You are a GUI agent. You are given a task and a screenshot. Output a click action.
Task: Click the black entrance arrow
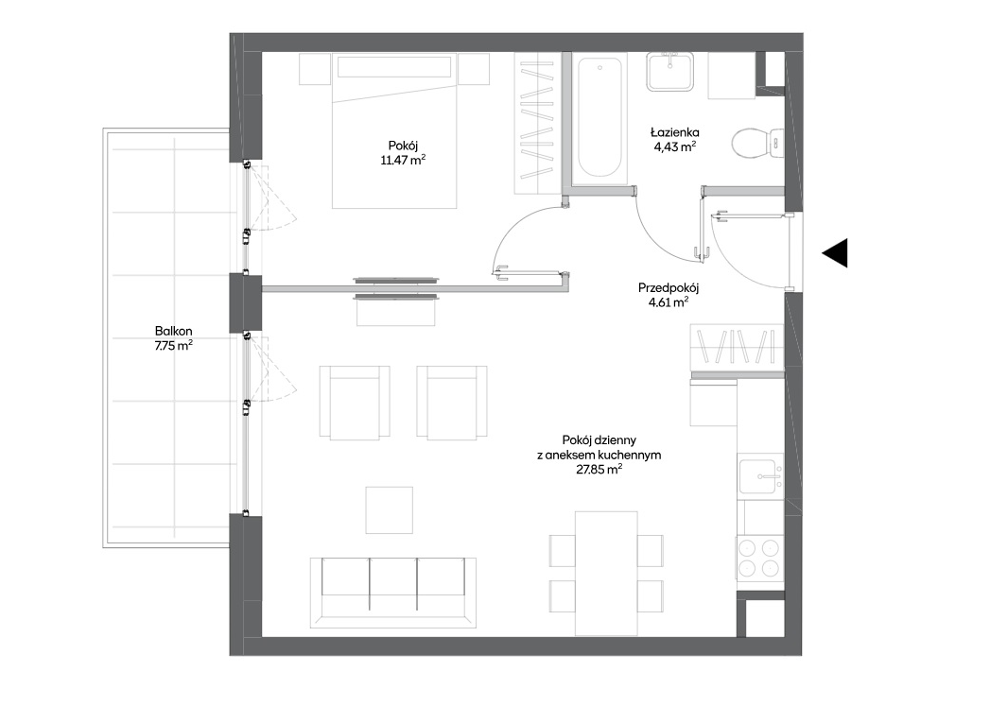tap(835, 253)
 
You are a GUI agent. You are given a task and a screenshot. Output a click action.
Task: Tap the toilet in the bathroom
tap(757, 144)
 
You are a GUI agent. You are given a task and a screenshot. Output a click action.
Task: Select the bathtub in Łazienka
tap(599, 118)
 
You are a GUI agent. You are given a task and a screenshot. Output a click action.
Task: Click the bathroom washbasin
tap(669, 71)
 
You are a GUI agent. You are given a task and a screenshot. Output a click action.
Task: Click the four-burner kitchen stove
tap(759, 558)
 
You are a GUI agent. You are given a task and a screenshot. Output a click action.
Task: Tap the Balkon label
tap(174, 331)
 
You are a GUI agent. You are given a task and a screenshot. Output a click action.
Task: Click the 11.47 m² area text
tap(403, 161)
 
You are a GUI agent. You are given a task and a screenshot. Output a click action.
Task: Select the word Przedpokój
tap(669, 288)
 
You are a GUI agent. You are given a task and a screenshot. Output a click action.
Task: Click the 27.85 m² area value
tap(599, 470)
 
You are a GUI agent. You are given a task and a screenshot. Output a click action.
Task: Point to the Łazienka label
tap(675, 132)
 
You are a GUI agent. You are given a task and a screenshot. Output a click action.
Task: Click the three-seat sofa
tap(392, 592)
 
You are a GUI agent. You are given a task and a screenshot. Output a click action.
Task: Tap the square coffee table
tap(390, 509)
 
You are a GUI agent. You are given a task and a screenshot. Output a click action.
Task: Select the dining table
tap(606, 574)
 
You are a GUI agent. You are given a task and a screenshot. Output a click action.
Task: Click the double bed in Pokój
tap(394, 130)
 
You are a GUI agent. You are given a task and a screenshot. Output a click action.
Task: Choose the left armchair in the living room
tap(355, 403)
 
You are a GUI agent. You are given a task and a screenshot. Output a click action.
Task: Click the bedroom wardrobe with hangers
tap(537, 123)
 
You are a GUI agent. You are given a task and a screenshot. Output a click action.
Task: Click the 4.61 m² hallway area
tap(669, 302)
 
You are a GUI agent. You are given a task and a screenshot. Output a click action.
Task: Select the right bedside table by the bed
tap(474, 69)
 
